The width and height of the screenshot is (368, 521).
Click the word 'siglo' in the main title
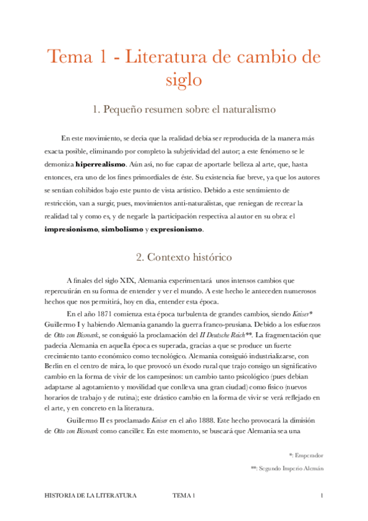pyautogui.click(x=184, y=80)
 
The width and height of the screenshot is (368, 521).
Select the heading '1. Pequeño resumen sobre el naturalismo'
pyautogui.click(x=184, y=109)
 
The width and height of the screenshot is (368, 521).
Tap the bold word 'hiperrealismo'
pyautogui.click(x=101, y=165)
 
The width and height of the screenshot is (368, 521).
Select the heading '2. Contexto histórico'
pyautogui.click(x=184, y=256)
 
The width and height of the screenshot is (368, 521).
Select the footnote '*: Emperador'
pyautogui.click(x=306, y=455)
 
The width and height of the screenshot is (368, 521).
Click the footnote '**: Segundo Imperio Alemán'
pyautogui.click(x=288, y=468)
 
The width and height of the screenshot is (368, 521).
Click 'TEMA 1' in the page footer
pyautogui.click(x=184, y=495)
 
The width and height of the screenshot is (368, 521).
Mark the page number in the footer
pyautogui.click(x=322, y=495)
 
